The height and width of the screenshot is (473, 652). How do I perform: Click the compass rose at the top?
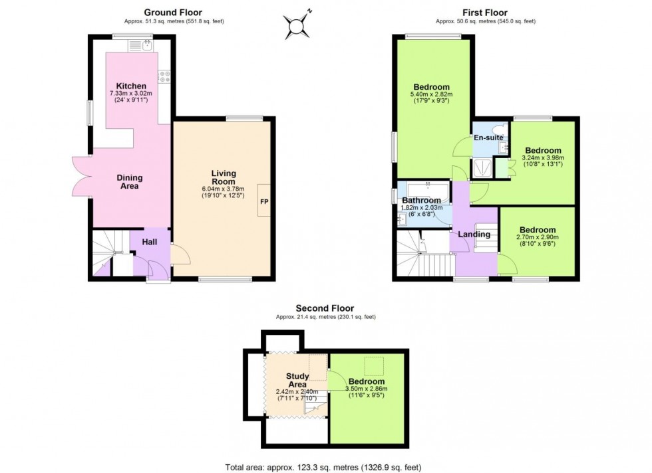[296, 25]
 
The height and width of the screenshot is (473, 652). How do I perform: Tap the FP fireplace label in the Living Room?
[264, 201]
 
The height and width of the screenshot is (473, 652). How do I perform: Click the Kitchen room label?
[131, 86]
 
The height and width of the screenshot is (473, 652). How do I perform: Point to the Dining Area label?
[129, 182]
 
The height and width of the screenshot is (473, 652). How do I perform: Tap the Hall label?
[149, 242]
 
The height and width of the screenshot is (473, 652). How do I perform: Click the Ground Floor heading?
[173, 12]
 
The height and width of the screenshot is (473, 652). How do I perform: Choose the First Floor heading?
[485, 12]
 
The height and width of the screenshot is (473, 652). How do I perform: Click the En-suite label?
[488, 138]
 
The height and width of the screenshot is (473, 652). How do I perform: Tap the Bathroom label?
[421, 200]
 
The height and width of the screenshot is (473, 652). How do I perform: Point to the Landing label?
[474, 234]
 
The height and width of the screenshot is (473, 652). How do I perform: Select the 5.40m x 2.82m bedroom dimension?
[431, 94]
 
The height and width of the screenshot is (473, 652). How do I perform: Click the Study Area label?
[297, 380]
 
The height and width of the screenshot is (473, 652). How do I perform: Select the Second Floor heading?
[325, 308]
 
